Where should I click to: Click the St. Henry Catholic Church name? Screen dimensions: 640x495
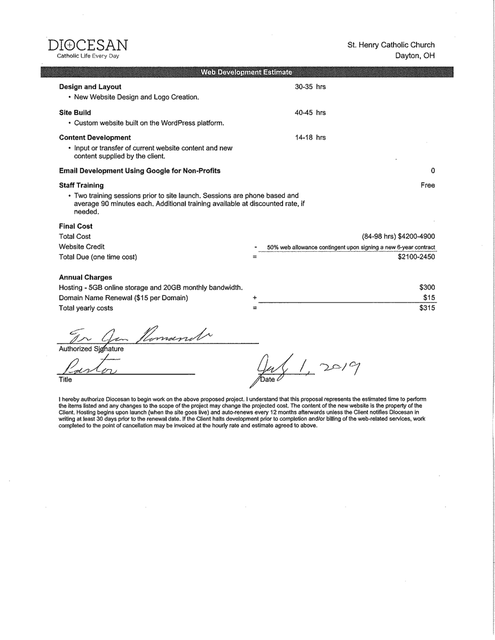click(391, 45)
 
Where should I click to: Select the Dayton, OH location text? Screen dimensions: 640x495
click(415, 55)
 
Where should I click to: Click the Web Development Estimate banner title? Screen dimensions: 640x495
click(246, 72)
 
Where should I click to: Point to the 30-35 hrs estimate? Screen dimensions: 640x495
click(310, 87)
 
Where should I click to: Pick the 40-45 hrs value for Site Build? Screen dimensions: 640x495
click(310, 113)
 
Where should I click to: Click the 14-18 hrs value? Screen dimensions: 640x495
click(310, 138)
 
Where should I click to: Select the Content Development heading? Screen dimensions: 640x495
click(95, 138)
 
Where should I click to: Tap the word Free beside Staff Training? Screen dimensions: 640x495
click(428, 186)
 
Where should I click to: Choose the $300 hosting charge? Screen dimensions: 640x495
click(427, 287)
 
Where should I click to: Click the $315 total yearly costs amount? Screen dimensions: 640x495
click(427, 308)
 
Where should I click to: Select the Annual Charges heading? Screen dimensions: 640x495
click(85, 277)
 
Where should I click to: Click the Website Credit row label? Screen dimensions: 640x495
click(82, 247)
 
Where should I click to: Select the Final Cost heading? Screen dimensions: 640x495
click(76, 226)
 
